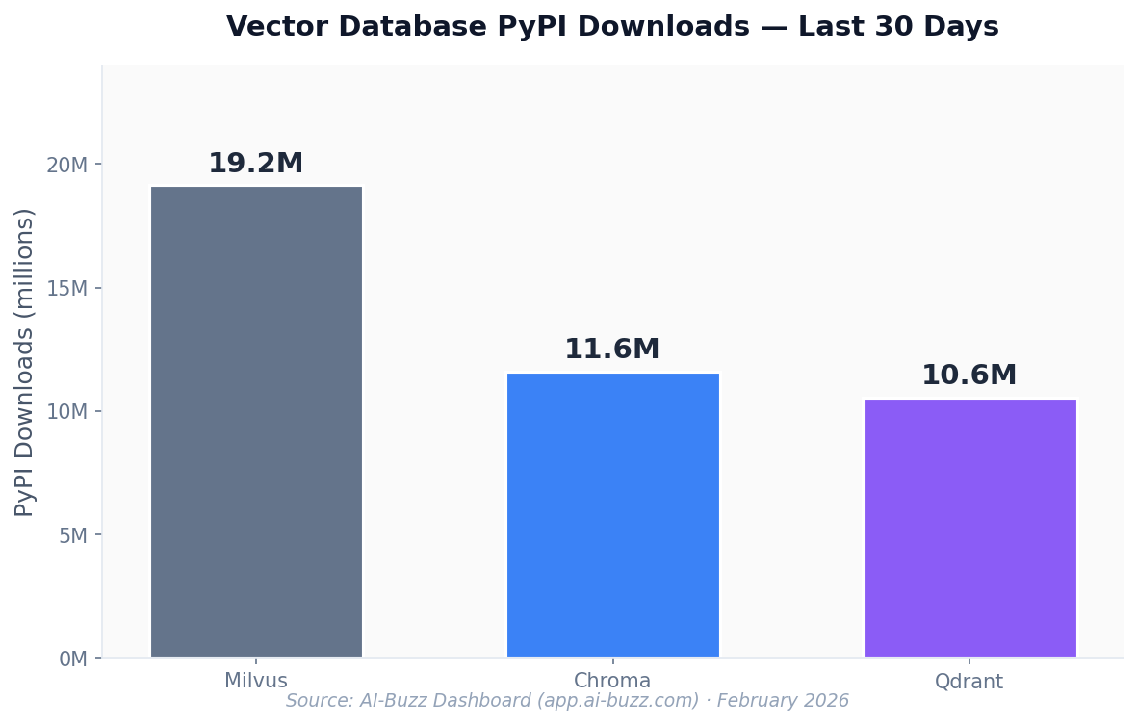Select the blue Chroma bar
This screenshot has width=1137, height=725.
tap(612, 515)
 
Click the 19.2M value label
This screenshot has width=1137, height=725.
tap(256, 164)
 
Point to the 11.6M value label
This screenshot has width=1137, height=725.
tap(612, 350)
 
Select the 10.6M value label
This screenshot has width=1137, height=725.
tap(969, 375)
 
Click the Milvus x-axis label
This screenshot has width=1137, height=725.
tap(256, 681)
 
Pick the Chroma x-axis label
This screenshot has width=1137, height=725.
tap(612, 681)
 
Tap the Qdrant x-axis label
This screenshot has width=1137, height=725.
tap(969, 682)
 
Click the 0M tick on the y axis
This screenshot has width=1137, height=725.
tap(73, 659)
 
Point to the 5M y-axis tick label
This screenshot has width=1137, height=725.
tap(73, 535)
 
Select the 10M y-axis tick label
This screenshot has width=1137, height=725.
tap(67, 412)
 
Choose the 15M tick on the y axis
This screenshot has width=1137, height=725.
tap(67, 288)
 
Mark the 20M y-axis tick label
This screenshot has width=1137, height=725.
tap(67, 165)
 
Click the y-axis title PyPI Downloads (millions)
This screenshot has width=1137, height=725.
tap(25, 362)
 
